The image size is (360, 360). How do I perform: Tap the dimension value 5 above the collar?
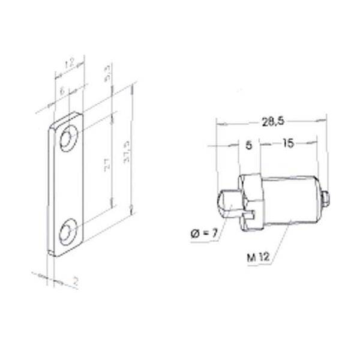coord(248,145)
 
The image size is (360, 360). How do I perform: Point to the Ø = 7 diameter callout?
coord(199,232)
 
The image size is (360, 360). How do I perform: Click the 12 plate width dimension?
coord(69,62)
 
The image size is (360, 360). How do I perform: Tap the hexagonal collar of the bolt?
coord(251,196)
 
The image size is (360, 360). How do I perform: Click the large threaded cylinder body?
coord(291,199)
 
